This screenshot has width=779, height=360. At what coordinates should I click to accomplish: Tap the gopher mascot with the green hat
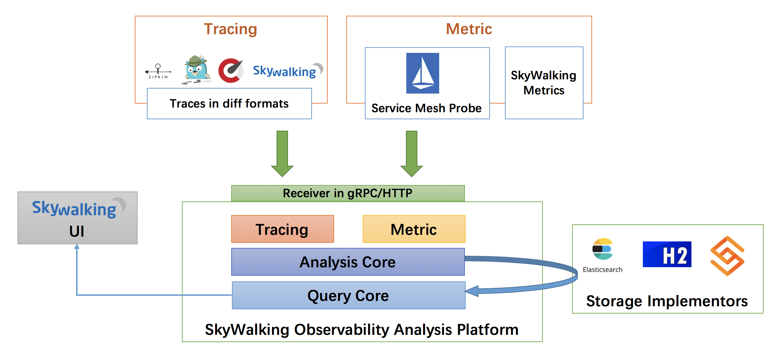tap(196, 69)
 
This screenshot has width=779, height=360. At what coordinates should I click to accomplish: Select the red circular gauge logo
tap(230, 70)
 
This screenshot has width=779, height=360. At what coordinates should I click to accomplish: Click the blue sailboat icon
tap(423, 73)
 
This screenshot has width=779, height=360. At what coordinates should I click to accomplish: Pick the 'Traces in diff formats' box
tap(229, 104)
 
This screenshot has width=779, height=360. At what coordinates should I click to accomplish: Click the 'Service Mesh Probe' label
tap(426, 108)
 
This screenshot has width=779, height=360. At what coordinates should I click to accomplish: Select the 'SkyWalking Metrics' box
tap(544, 83)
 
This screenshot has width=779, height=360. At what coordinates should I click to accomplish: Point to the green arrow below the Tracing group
tap(282, 154)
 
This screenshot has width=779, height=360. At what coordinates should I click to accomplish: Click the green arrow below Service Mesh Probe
tap(412, 154)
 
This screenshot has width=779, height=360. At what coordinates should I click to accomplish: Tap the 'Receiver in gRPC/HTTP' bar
tap(348, 193)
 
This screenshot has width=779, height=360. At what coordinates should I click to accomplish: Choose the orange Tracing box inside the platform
tap(282, 229)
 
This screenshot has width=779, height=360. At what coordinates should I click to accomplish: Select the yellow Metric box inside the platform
tap(414, 229)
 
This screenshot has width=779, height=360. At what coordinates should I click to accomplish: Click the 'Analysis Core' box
tap(348, 262)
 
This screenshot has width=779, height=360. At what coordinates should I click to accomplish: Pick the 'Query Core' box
tap(348, 296)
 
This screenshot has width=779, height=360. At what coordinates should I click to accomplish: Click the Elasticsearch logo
tap(602, 249)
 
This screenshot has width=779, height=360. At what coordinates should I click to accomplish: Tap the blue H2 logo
tap(667, 254)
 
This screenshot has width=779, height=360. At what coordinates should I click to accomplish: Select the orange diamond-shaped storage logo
tap(727, 256)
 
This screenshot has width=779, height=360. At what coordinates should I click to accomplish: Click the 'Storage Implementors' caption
tap(667, 301)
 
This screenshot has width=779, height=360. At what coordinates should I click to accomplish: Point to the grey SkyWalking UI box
tap(78, 218)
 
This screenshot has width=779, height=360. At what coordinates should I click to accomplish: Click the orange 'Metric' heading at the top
tap(469, 29)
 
